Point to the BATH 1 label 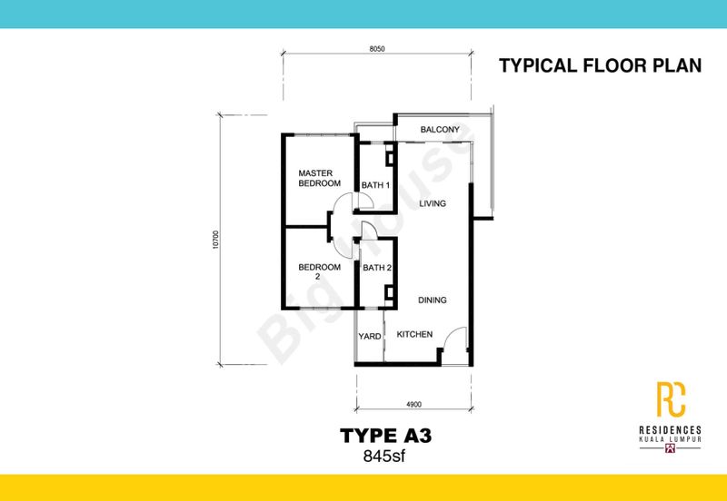pos(375,185)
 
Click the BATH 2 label pos(376,268)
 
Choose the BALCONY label pos(438,131)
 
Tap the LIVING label pos(431,204)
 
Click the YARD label pos(369,336)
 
